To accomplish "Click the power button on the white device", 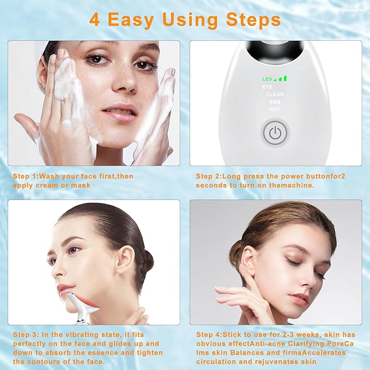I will (x=275, y=132).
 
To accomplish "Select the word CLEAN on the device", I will (x=275, y=94).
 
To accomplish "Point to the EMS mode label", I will (x=275, y=102).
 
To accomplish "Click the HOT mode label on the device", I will (x=275, y=110).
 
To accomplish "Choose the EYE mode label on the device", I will (x=267, y=87).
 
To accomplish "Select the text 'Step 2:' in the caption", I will (x=209, y=177).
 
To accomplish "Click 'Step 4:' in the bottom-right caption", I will (x=209, y=335).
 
